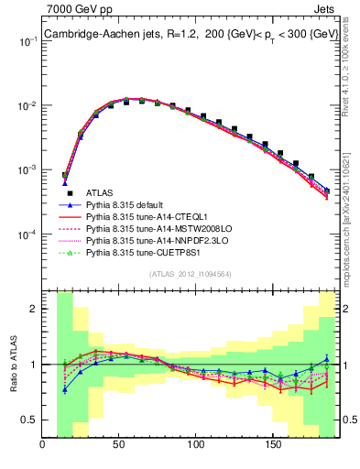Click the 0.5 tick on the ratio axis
[29, 420]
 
